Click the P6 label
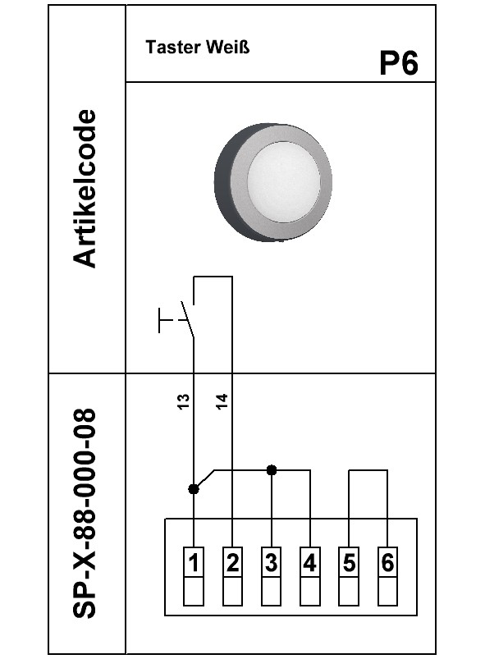(399, 63)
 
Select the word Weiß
(228, 47)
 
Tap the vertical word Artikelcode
(85, 188)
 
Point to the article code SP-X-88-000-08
(85, 513)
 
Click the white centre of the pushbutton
(284, 182)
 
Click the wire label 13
(183, 401)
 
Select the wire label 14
(222, 401)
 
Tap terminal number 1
(194, 562)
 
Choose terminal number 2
(232, 562)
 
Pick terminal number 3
(271, 562)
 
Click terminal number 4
(310, 562)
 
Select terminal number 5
(349, 562)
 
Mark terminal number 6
(387, 562)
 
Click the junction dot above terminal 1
(194, 489)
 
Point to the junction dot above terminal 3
(272, 470)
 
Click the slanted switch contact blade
(187, 319)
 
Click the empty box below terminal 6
(387, 592)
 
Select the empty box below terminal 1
(194, 592)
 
